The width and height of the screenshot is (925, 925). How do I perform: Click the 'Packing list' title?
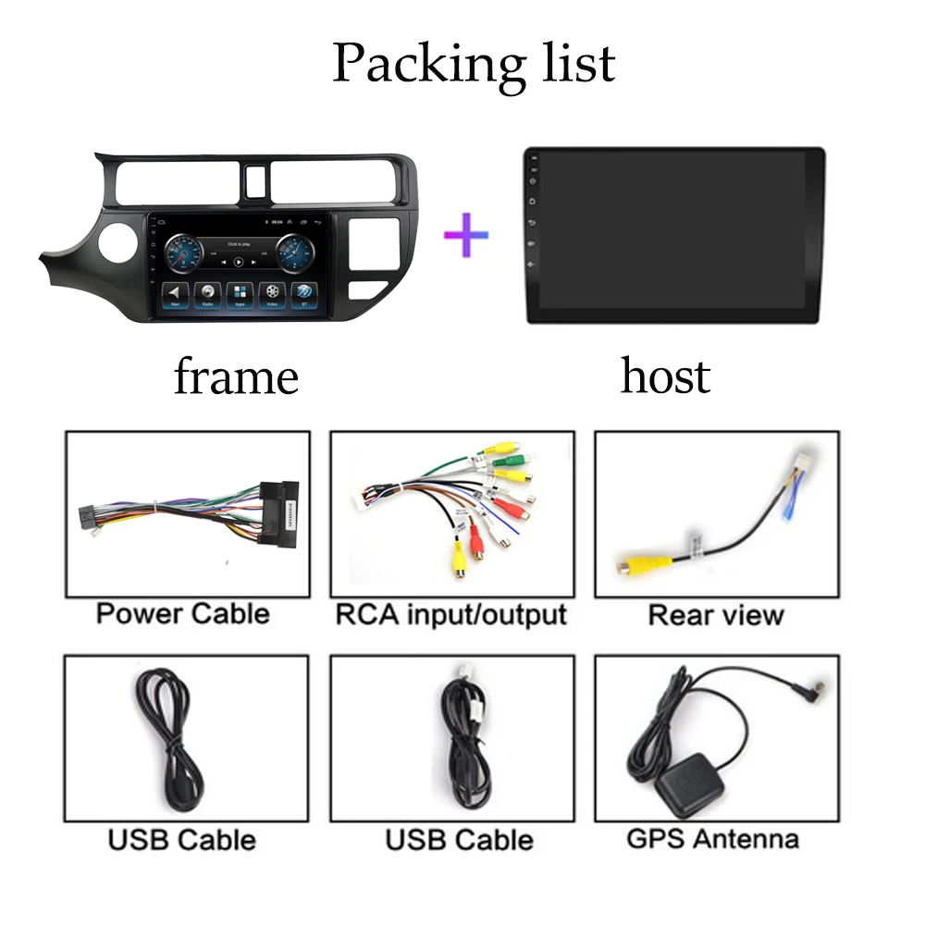click(474, 63)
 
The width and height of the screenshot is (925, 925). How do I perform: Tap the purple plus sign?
click(465, 235)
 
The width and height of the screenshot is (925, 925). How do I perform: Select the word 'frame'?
click(236, 376)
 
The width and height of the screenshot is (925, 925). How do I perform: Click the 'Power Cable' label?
click(183, 613)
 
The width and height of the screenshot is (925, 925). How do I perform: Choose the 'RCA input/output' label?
click(450, 613)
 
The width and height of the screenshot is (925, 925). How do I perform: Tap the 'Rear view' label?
click(715, 614)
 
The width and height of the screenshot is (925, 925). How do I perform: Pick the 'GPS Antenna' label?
click(712, 839)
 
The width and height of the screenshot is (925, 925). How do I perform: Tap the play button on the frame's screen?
click(239, 262)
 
